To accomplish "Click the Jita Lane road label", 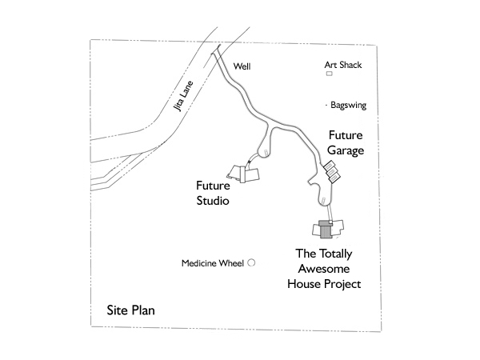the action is click(183, 96).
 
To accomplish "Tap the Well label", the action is click(242, 66).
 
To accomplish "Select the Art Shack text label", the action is click(343, 65).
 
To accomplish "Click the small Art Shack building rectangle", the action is click(329, 74).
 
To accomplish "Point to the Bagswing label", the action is click(348, 106).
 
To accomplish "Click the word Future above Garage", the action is click(346, 135).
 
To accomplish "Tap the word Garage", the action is click(346, 150).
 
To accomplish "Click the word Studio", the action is click(213, 201).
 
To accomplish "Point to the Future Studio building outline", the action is click(244, 174).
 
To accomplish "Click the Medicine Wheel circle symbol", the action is click(251, 262).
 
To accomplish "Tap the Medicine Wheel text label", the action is click(213, 263).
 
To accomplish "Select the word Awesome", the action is click(324, 269).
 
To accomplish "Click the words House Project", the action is click(324, 284).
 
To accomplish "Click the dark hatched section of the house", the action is click(325, 230).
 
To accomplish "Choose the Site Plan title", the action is click(130, 310).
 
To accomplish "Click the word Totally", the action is click(335, 254).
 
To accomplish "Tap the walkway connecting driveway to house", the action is click(329, 213).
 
